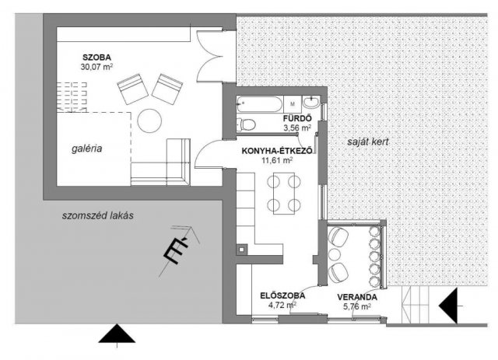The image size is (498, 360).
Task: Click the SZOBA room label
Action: tap(96, 58)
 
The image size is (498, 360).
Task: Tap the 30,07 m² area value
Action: tap(96, 67)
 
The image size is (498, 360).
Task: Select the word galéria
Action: tap(86, 149)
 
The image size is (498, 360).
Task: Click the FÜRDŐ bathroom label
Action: tap(297, 118)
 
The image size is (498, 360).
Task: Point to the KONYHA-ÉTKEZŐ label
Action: tap(277, 151)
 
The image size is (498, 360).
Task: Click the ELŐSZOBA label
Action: tap(282, 295)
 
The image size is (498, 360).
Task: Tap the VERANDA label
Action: tap(357, 297)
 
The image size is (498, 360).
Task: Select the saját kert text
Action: tap(368, 142)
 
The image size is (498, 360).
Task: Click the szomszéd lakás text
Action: tap(97, 215)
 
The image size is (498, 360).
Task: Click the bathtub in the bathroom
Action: tap(259, 104)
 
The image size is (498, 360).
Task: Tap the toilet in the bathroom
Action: tap(246, 124)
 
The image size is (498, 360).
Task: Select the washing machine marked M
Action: tap(293, 104)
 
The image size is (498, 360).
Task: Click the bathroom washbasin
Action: tap(311, 103)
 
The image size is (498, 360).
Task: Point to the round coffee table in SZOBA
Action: tap(149, 121)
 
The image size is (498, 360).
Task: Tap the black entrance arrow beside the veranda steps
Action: tap(448, 306)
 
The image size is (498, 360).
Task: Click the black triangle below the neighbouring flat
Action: tap(117, 334)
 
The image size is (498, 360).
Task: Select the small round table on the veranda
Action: tap(334, 254)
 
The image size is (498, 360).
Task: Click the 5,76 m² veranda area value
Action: tap(357, 306)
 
